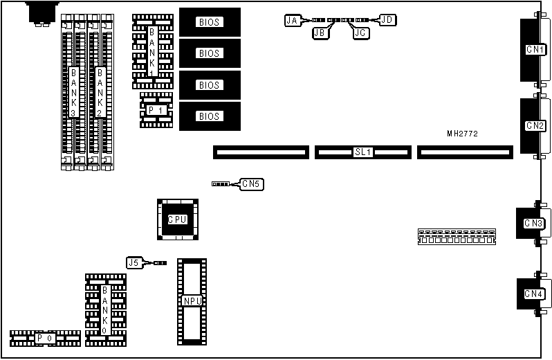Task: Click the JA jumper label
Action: (292, 21)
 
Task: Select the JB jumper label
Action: (320, 32)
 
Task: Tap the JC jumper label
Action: (360, 32)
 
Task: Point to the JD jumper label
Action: (387, 20)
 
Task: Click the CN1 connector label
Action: (535, 50)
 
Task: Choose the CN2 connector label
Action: (535, 126)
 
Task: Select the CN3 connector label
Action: (533, 223)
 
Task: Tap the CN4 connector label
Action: (533, 294)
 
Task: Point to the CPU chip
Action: (178, 219)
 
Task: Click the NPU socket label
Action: (192, 301)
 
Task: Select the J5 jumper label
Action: (134, 262)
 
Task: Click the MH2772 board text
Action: (462, 133)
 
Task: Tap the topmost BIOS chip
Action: (209, 22)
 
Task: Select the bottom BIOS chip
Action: (209, 116)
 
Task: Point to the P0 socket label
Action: (45, 338)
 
